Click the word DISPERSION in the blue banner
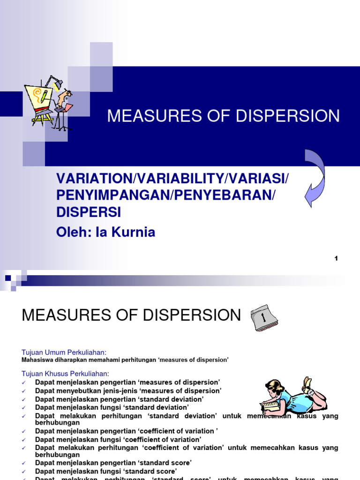(x=286, y=116)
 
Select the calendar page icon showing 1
(x=264, y=318)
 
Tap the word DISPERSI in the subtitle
(x=89, y=212)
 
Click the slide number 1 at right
(x=336, y=258)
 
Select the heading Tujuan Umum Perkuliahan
(x=64, y=352)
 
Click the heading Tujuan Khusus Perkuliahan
(x=66, y=374)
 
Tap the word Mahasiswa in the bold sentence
(x=38, y=360)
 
